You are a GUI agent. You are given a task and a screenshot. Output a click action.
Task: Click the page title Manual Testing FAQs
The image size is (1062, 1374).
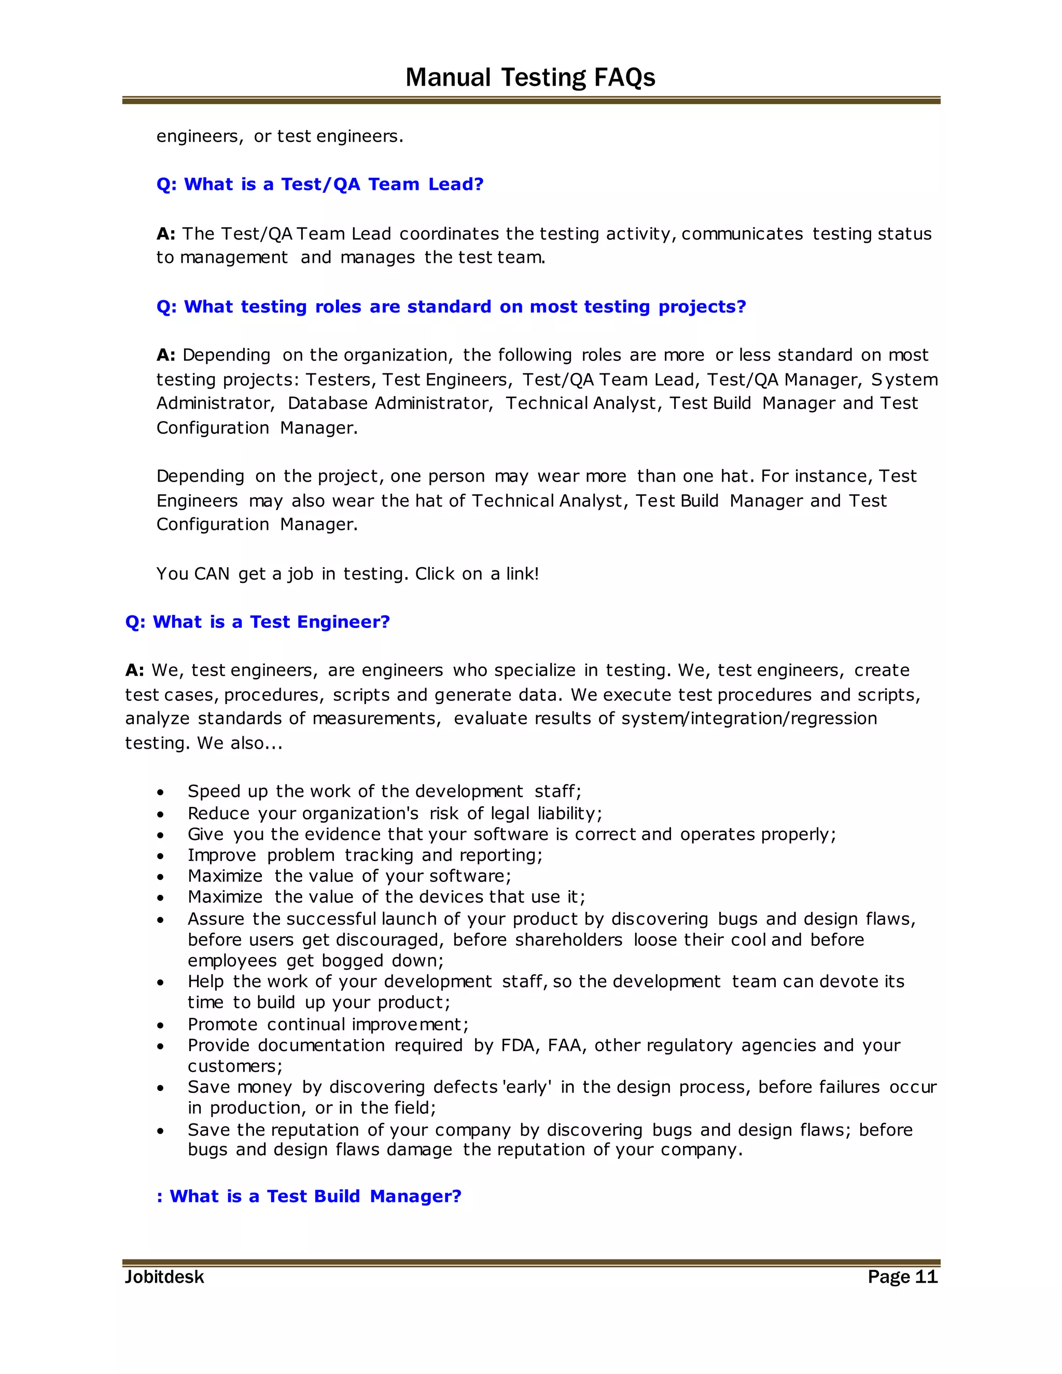pos(530,77)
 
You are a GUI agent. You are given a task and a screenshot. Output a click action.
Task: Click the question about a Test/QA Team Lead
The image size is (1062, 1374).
pos(319,185)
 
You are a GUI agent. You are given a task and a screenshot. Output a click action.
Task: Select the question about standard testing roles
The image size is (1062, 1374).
pos(451,306)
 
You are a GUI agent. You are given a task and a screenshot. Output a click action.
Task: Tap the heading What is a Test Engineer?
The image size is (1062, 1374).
pos(257,622)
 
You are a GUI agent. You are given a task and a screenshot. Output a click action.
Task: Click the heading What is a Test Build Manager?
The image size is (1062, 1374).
pos(309,1196)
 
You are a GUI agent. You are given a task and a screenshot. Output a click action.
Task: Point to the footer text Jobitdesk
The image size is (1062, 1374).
pos(164,1277)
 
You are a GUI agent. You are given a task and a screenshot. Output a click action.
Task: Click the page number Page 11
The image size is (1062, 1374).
pos(902,1277)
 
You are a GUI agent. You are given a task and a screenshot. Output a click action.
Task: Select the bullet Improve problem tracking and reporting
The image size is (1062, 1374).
pos(365,855)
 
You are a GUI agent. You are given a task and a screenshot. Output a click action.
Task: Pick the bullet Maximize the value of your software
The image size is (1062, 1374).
pos(349,876)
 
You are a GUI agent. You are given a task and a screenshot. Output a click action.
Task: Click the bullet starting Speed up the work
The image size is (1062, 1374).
pos(384,791)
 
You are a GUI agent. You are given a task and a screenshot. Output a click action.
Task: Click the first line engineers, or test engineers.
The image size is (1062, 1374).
pos(280,136)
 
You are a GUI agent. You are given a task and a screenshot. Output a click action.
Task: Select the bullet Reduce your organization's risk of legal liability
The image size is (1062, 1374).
pos(395,814)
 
